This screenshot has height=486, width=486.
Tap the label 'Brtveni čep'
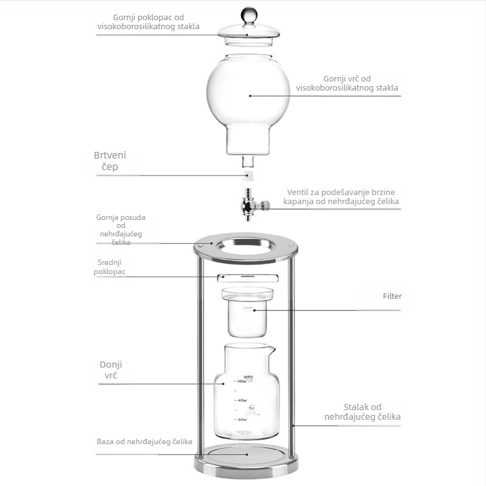(x=110, y=161)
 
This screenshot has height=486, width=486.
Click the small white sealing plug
(x=248, y=175)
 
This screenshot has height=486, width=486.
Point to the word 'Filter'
(x=392, y=296)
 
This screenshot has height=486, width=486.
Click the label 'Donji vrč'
(x=111, y=370)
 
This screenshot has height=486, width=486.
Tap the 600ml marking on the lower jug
(x=242, y=382)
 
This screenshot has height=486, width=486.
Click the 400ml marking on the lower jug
(x=242, y=400)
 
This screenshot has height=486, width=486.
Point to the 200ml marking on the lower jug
(x=242, y=420)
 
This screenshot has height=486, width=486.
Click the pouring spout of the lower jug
(x=272, y=351)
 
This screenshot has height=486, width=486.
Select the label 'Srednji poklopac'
(x=110, y=267)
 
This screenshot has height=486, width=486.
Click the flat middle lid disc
(x=248, y=278)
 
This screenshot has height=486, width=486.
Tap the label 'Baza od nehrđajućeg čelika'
(x=145, y=442)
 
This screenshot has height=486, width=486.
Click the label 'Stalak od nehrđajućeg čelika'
(x=362, y=412)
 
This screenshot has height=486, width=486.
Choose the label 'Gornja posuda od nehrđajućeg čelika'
(x=121, y=230)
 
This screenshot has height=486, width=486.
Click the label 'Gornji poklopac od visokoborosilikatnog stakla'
(x=148, y=22)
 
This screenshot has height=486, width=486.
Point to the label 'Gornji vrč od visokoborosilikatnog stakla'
(x=347, y=83)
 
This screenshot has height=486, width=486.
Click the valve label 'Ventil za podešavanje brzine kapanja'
(x=341, y=196)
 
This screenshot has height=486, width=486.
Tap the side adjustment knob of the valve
(x=265, y=205)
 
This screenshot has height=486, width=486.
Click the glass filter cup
(x=247, y=312)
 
